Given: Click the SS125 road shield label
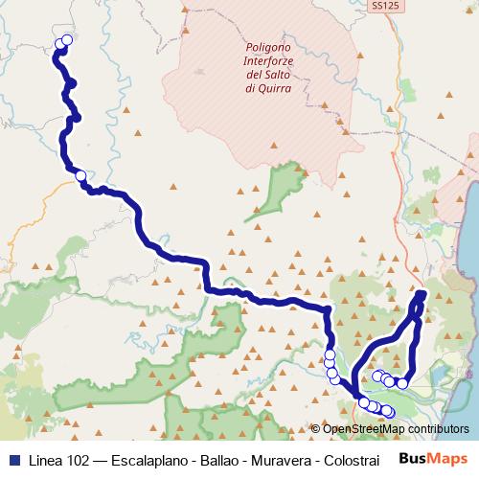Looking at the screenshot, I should point(383,6).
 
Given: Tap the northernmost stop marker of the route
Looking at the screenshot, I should point(67,40).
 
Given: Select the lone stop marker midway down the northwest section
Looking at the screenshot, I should point(80,175).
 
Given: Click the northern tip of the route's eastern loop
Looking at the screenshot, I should point(422,292).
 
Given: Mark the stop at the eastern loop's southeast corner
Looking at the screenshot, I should point(403,383).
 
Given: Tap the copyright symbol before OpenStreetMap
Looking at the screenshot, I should point(315,430).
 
